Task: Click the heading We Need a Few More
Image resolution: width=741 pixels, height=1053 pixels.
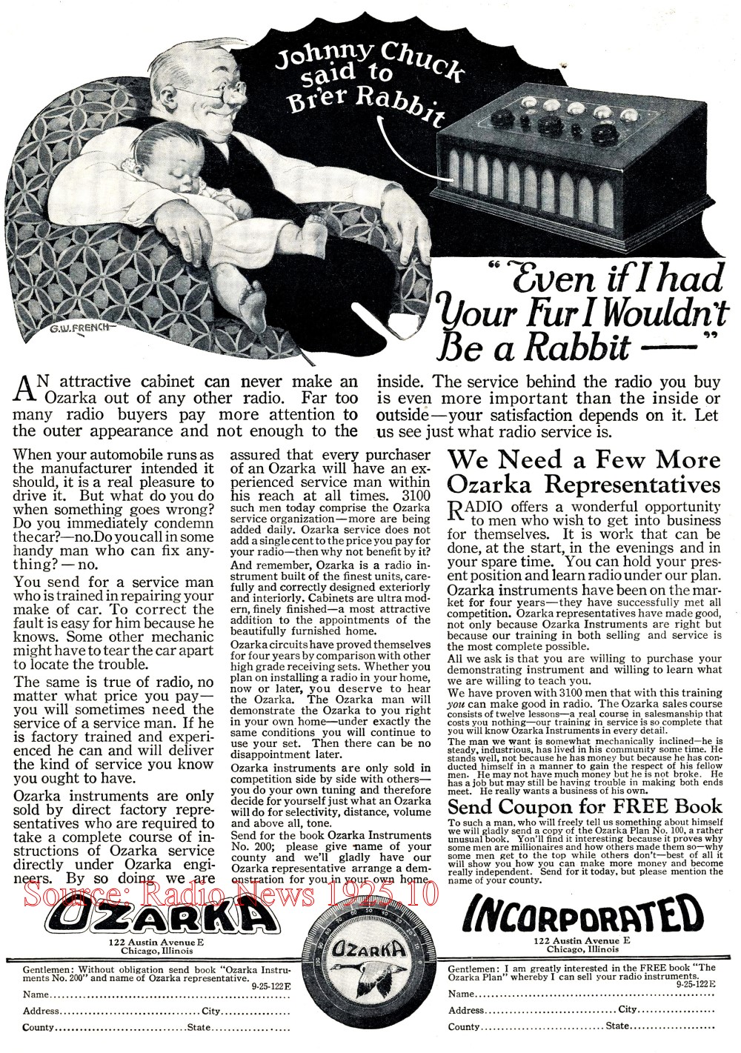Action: pyautogui.click(x=584, y=459)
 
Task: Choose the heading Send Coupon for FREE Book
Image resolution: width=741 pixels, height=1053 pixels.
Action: pyautogui.click(x=585, y=806)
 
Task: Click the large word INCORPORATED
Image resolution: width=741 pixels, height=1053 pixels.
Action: pyautogui.click(x=582, y=916)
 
